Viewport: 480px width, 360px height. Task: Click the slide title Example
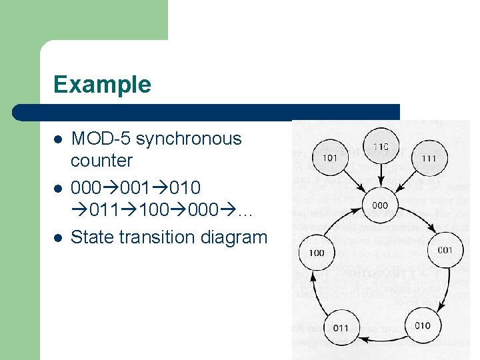102,85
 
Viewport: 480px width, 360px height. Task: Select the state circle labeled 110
381,147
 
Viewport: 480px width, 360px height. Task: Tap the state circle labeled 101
329,159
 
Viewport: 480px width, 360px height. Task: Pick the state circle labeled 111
429,159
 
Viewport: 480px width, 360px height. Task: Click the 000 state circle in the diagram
380,205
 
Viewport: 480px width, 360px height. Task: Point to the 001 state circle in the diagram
445,251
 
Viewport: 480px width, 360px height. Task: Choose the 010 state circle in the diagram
423,325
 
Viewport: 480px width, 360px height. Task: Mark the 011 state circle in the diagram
340,327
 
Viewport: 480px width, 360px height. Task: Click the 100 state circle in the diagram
317,253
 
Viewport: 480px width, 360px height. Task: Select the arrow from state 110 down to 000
381,177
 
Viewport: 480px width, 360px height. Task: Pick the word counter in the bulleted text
101,161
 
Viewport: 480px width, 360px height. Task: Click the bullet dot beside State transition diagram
58,237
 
